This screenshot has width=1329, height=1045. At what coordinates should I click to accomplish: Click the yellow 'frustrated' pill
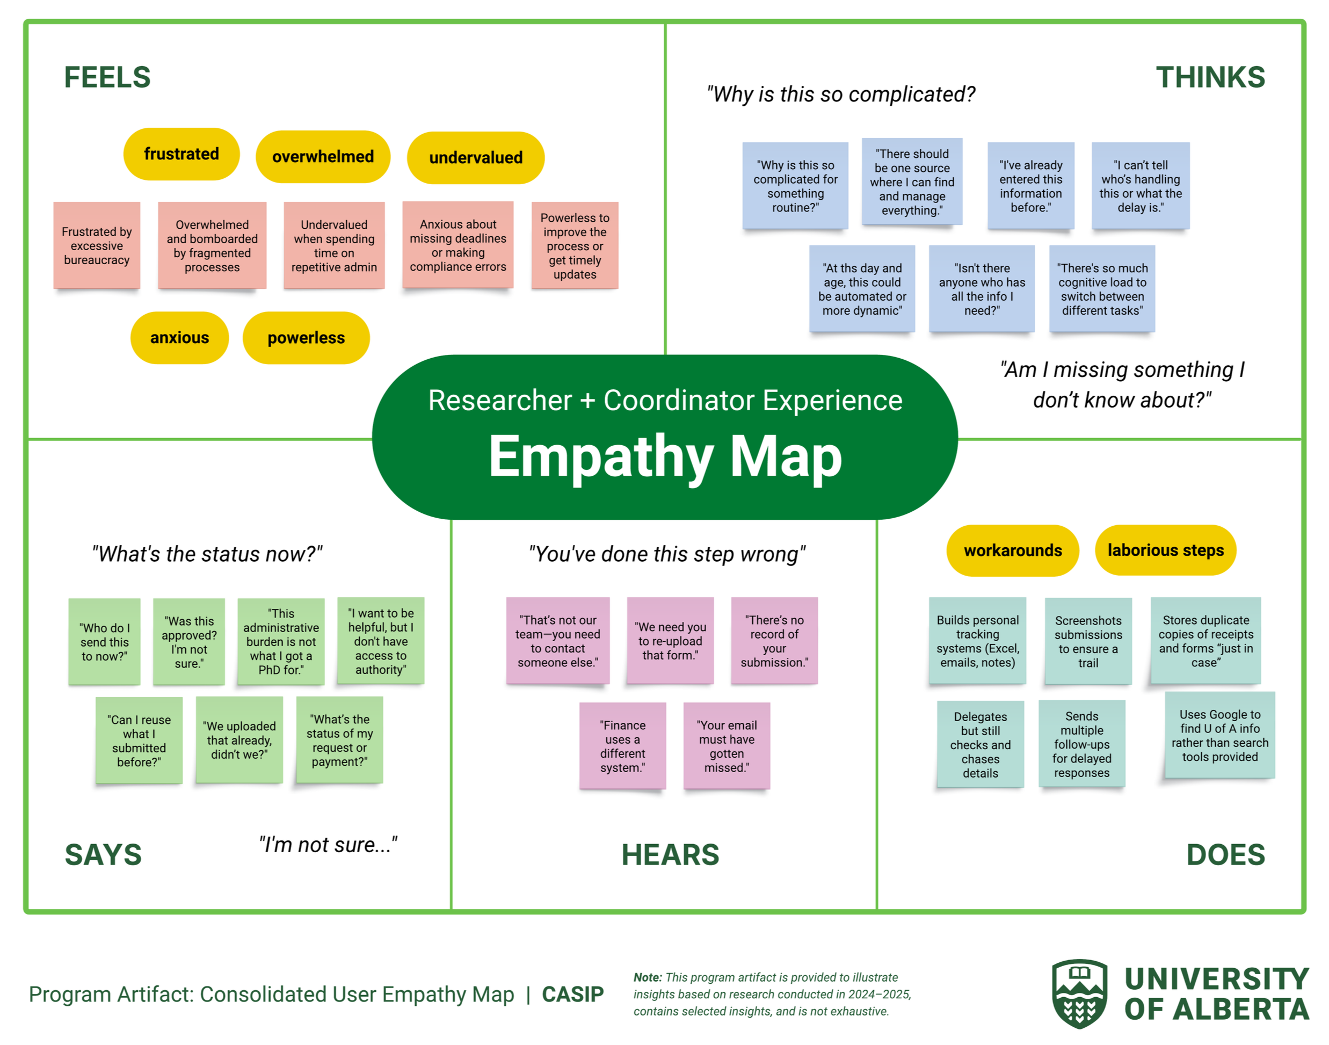pos(181,154)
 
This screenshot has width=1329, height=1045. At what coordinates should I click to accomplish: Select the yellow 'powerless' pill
pos(306,338)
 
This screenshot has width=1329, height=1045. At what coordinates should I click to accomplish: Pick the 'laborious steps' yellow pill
pos(1165,550)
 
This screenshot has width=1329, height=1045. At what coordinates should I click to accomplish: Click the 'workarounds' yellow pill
pos(1013,550)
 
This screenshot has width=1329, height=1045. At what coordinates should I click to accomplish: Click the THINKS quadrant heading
pos(1210,78)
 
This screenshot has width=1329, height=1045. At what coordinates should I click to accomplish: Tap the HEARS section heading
pos(670,855)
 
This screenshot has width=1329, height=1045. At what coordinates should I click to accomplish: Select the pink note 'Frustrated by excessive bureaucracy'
pos(97,245)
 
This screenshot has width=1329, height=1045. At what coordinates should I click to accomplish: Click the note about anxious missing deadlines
pos(457,245)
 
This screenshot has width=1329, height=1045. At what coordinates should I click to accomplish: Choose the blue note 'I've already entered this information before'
pos(1030,186)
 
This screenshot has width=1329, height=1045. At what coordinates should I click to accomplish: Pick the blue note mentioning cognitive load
pos(1102,289)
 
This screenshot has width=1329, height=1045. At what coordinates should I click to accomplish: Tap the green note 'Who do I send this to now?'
pos(105,642)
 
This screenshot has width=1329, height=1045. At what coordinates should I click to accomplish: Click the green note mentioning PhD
pos(281,641)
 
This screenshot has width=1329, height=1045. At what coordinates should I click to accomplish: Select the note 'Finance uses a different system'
pos(622,746)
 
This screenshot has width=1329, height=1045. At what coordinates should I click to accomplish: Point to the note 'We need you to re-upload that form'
pos(670,641)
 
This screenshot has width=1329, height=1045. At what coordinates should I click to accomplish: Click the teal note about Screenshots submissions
pos(1088,641)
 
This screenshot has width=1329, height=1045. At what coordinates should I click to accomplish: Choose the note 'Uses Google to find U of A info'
pos(1219,735)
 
